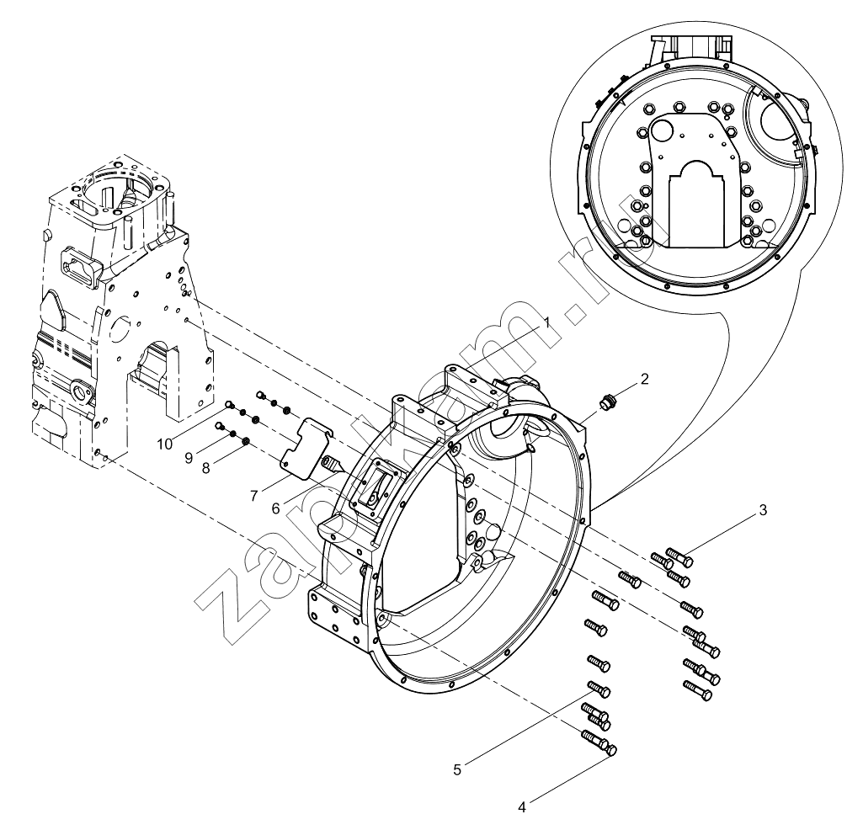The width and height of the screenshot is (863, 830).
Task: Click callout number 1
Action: pyautogui.click(x=546, y=322)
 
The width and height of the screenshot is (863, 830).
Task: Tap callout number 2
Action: pyautogui.click(x=644, y=379)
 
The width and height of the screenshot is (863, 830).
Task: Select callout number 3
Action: pyautogui.click(x=762, y=510)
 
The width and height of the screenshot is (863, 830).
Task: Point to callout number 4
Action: pyautogui.click(x=522, y=807)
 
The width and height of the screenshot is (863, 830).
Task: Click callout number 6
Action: pyautogui.click(x=276, y=509)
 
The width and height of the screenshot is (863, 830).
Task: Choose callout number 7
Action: pyautogui.click(x=253, y=496)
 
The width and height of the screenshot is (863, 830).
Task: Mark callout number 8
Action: pyautogui.click(x=205, y=468)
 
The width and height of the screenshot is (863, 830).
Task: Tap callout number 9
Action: pyautogui.click(x=189, y=458)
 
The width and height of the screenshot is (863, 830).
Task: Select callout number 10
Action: pyautogui.click(x=164, y=444)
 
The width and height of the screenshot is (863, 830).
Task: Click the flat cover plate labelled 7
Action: pyautogui.click(x=306, y=446)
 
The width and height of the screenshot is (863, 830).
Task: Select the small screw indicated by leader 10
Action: pyautogui.click(x=230, y=407)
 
